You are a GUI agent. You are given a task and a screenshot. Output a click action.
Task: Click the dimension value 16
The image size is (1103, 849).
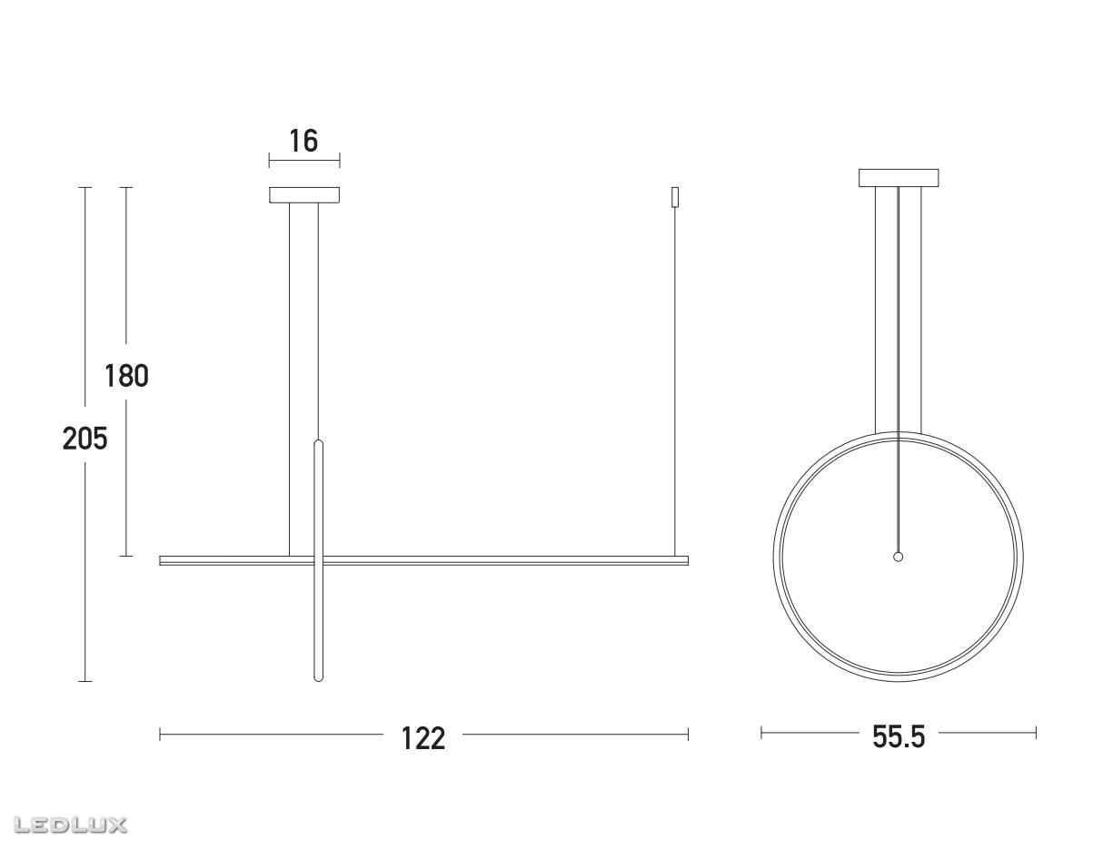click(303, 141)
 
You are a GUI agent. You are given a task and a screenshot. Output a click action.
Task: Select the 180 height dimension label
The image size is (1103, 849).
click(126, 376)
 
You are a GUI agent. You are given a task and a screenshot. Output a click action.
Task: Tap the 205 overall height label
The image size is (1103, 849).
click(84, 439)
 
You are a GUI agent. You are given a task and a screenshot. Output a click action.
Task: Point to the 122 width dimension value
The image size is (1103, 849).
click(422, 738)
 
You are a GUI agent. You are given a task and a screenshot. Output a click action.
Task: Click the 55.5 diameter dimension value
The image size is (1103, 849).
click(899, 737)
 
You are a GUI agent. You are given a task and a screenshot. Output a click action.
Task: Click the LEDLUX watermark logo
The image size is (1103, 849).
click(70, 825)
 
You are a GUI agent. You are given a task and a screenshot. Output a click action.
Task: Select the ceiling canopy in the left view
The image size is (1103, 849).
click(304, 195)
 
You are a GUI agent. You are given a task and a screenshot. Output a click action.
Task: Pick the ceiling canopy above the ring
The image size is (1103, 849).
click(899, 178)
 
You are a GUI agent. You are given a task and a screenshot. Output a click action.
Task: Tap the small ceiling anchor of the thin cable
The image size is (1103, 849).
click(675, 197)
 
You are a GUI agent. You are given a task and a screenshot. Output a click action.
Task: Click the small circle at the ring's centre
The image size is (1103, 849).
click(898, 557)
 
